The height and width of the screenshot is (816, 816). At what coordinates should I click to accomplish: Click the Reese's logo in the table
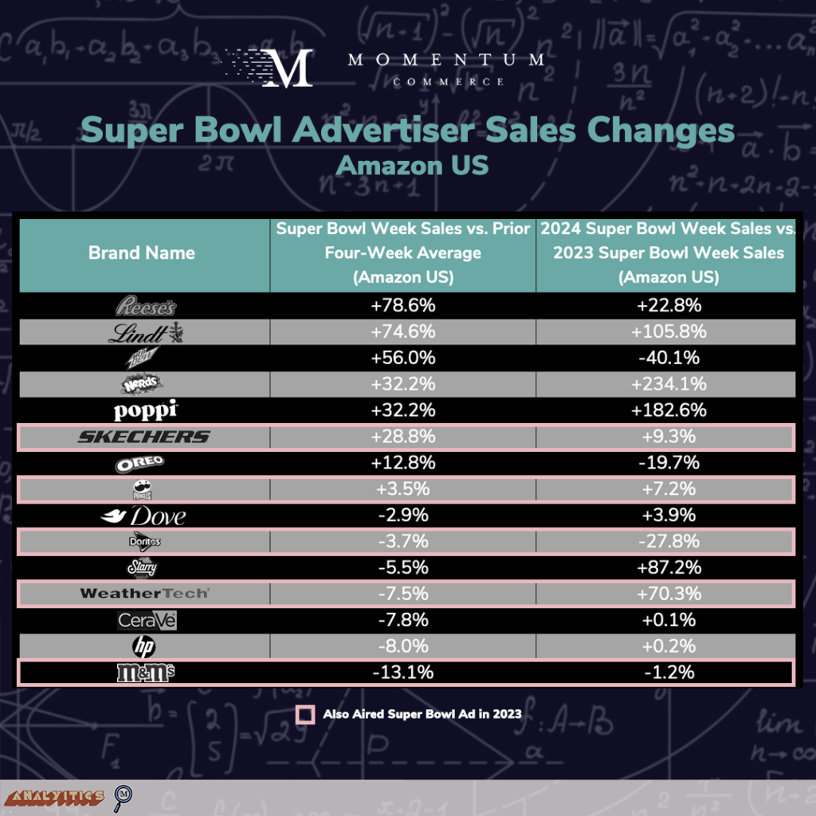click(x=144, y=306)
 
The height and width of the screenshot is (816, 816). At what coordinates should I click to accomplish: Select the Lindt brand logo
click(x=150, y=332)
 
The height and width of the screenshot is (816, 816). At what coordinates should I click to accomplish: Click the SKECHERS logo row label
click(x=144, y=437)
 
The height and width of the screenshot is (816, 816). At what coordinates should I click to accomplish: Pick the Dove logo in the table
click(x=144, y=516)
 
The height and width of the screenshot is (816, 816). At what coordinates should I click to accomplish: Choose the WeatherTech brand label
click(x=144, y=594)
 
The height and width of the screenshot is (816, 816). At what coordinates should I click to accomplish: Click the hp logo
click(x=144, y=646)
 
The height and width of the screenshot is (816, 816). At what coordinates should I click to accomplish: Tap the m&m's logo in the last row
click(x=144, y=673)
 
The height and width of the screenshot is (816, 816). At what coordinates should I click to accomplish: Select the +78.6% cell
click(x=402, y=306)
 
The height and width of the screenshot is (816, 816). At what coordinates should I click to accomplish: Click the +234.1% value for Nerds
click(x=668, y=384)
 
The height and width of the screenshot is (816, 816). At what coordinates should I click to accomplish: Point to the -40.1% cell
click(x=668, y=359)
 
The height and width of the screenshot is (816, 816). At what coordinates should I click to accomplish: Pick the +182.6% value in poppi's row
click(x=668, y=410)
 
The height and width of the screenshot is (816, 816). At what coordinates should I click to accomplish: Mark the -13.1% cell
click(x=402, y=673)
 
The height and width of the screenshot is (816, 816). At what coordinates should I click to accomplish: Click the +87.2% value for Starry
click(x=668, y=567)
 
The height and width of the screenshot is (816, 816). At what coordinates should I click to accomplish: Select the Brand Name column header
click(x=142, y=253)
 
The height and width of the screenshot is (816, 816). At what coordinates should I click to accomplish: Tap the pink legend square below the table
click(x=304, y=714)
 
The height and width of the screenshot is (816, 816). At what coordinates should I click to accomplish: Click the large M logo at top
click(x=286, y=69)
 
